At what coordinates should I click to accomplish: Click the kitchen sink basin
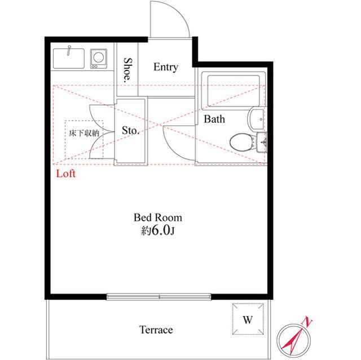[x=69, y=59]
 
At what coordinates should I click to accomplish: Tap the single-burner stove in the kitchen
[x=99, y=59]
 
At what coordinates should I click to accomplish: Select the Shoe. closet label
[x=127, y=70]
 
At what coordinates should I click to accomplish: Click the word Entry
[x=166, y=67]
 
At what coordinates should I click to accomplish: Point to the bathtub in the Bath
[x=234, y=91]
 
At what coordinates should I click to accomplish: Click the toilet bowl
[x=241, y=143]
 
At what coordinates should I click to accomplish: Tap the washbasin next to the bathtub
[x=257, y=119]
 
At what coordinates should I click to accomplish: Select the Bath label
[x=214, y=119]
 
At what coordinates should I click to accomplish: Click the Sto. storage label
[x=130, y=130]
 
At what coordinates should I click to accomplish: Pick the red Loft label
[x=66, y=174]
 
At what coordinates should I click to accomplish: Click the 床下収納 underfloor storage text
[x=84, y=133]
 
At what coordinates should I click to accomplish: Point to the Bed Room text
[x=158, y=217]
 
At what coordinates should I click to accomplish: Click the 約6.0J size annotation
[x=158, y=230]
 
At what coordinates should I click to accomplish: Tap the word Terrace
[x=156, y=330]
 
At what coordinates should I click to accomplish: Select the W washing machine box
[x=248, y=319]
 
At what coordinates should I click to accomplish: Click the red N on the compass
[x=307, y=321]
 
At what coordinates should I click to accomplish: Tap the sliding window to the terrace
[x=159, y=296]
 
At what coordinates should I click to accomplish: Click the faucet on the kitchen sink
[x=69, y=50]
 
